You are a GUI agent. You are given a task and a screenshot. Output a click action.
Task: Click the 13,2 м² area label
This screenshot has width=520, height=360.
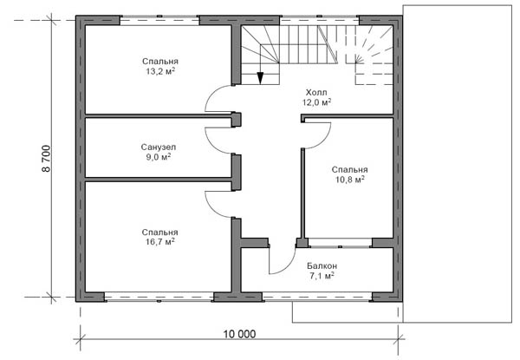(160, 71)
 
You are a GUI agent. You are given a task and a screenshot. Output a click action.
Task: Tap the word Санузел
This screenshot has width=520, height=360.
(159, 147)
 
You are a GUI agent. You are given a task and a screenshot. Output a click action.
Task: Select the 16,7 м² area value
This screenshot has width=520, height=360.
(160, 241)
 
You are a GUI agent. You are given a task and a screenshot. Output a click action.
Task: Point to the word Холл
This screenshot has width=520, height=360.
(316, 92)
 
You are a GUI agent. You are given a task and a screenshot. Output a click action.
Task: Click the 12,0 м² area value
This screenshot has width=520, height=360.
(316, 102)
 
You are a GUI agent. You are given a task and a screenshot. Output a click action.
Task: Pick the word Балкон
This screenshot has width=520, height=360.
(322, 265)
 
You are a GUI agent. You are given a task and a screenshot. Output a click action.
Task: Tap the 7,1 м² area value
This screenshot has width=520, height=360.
(322, 276)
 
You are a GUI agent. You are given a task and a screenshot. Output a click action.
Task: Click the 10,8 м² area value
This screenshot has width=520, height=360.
(350, 180)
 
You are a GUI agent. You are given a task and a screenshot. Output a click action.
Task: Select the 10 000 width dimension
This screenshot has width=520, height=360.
(239, 334)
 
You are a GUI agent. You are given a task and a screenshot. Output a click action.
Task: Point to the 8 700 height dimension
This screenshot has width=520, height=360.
(46, 158)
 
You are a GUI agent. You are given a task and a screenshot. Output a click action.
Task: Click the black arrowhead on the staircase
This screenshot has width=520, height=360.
(260, 78)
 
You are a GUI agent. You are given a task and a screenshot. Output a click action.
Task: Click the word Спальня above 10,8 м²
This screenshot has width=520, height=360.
(350, 169)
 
